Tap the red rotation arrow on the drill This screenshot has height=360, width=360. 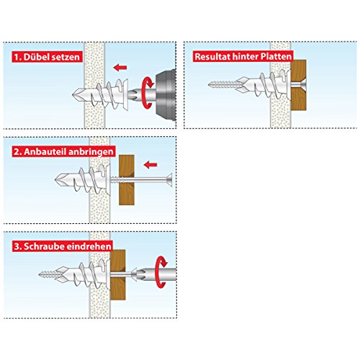point(149,93)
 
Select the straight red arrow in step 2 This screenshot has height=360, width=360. point(150,165)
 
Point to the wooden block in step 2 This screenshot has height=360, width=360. point(127,178)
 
